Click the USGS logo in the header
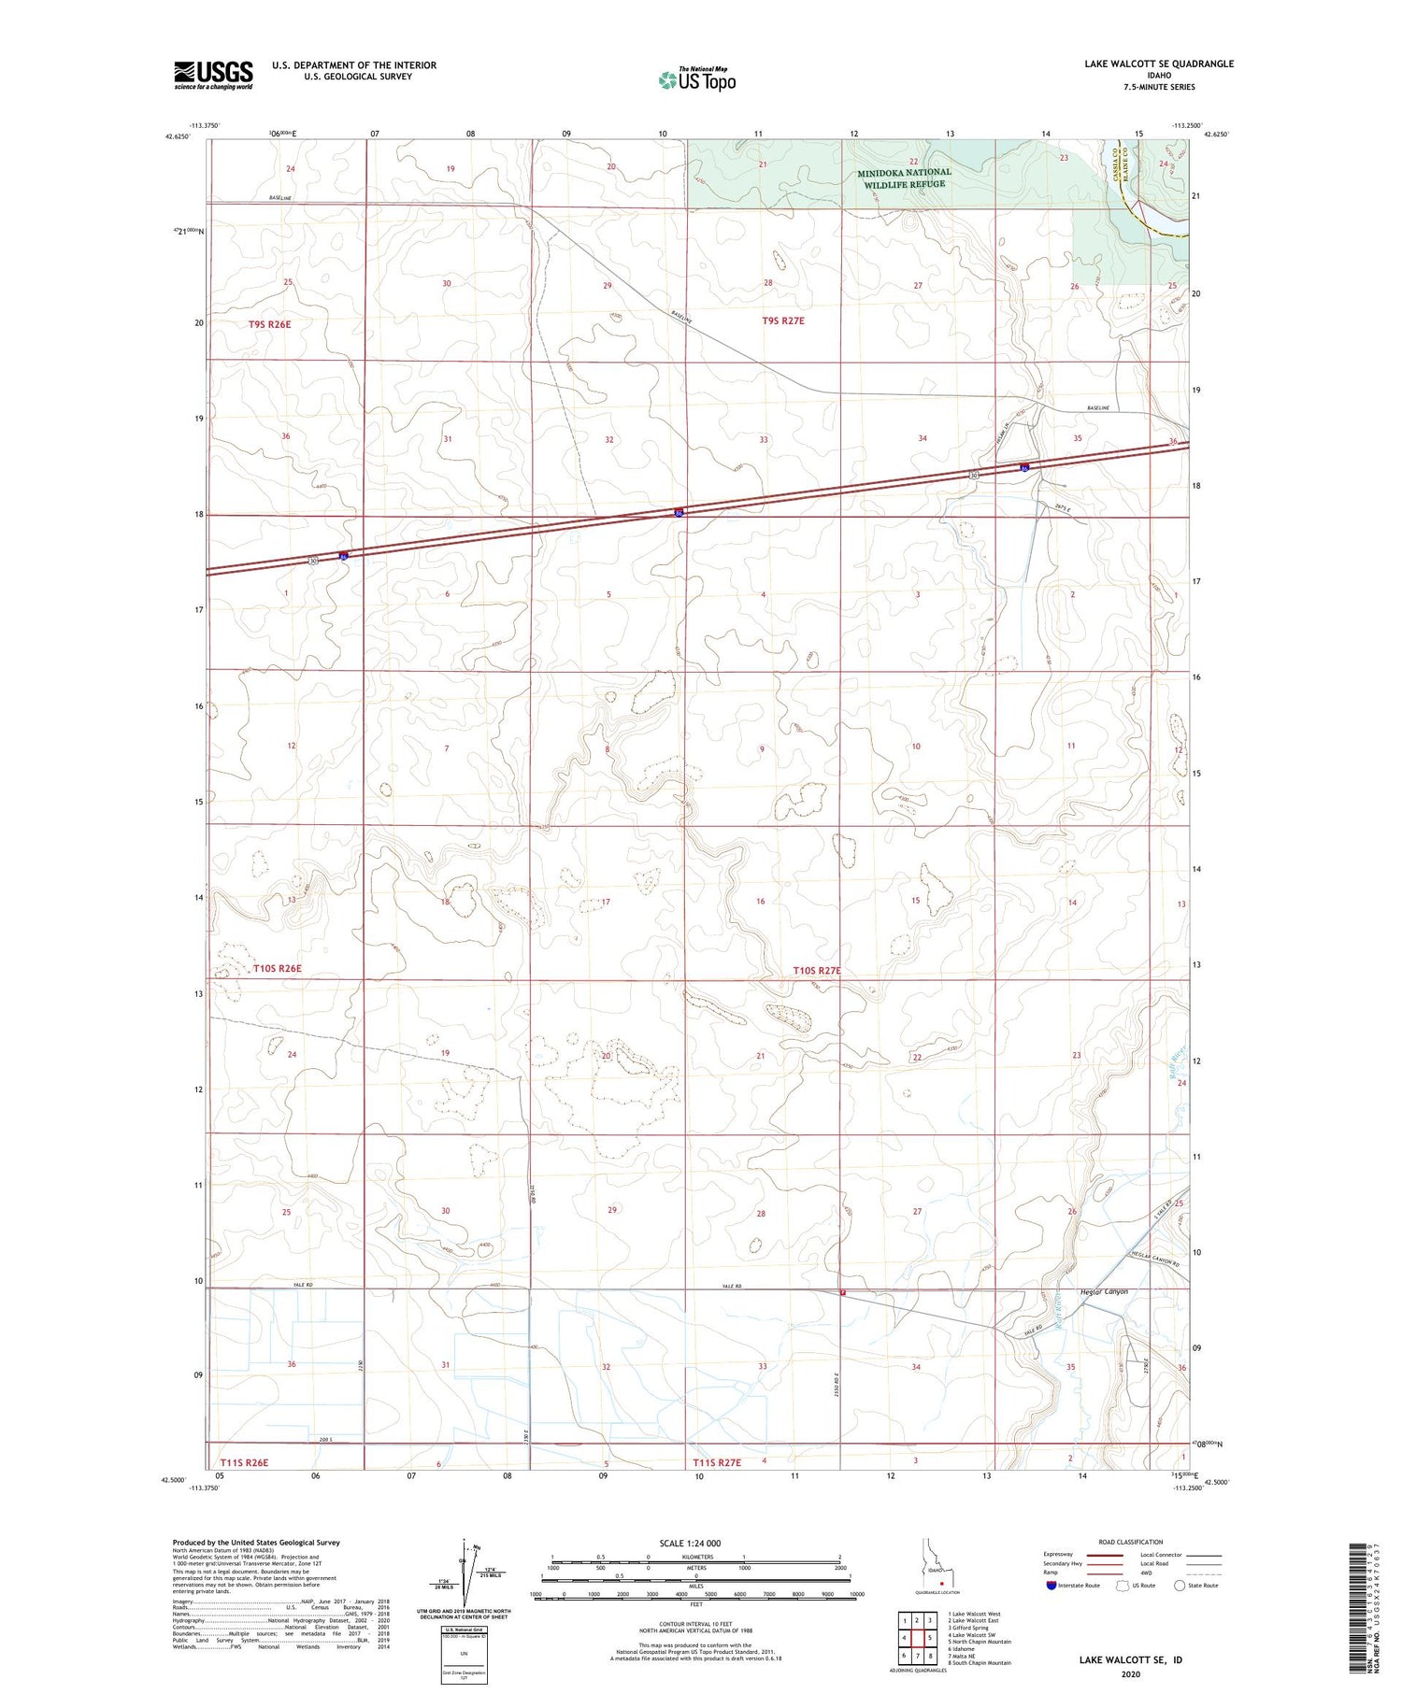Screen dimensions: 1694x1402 point(213,75)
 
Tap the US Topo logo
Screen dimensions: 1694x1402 point(697,80)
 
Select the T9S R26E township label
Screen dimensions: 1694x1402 point(270,324)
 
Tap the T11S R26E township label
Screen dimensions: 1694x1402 point(245,1462)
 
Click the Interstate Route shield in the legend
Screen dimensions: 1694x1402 point(1051,1585)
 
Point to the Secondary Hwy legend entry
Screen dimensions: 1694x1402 point(1063,1563)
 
